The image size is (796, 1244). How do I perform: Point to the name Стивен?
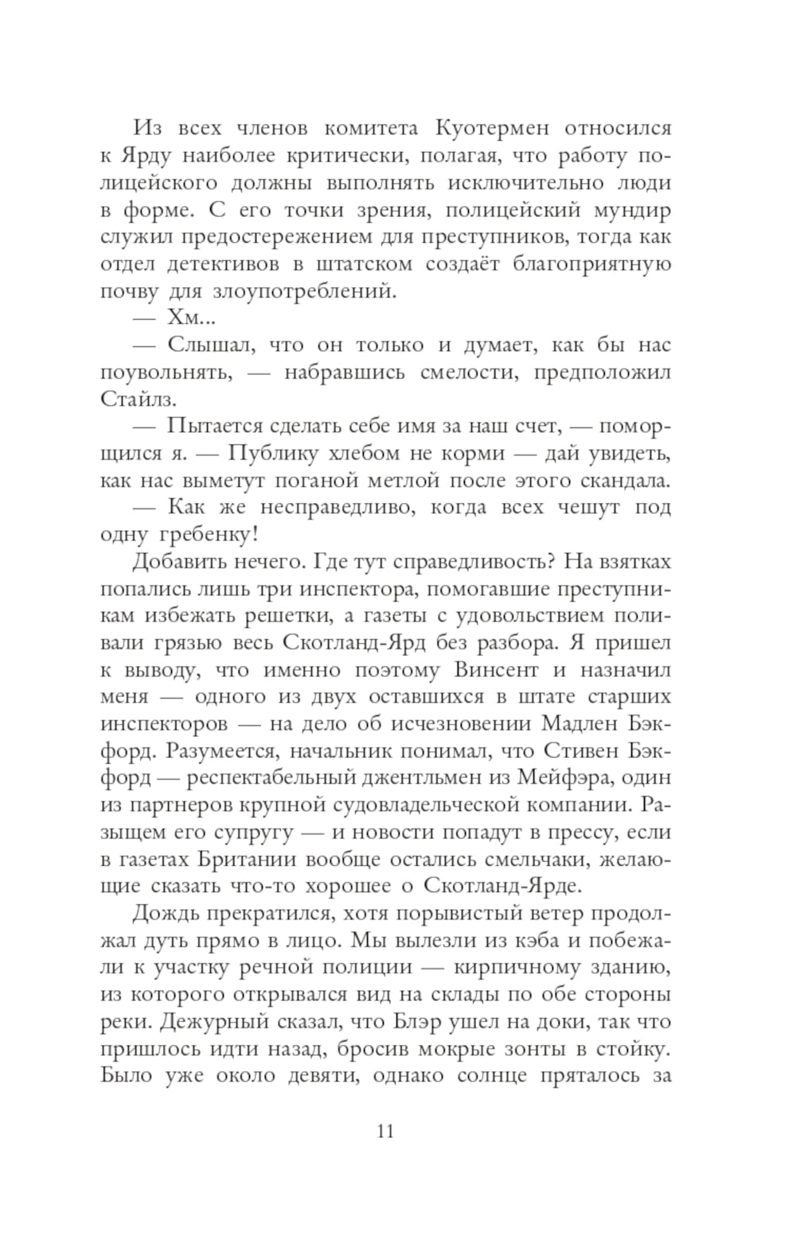(577, 751)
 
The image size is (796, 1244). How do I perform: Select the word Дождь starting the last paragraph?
(166, 914)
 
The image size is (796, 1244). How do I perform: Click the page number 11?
(384, 1131)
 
